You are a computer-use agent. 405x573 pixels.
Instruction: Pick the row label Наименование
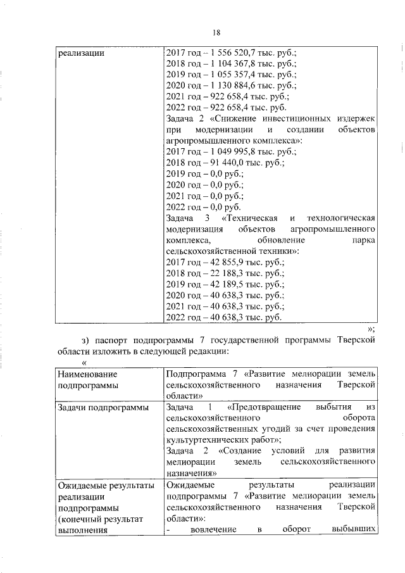pos(85,373)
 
